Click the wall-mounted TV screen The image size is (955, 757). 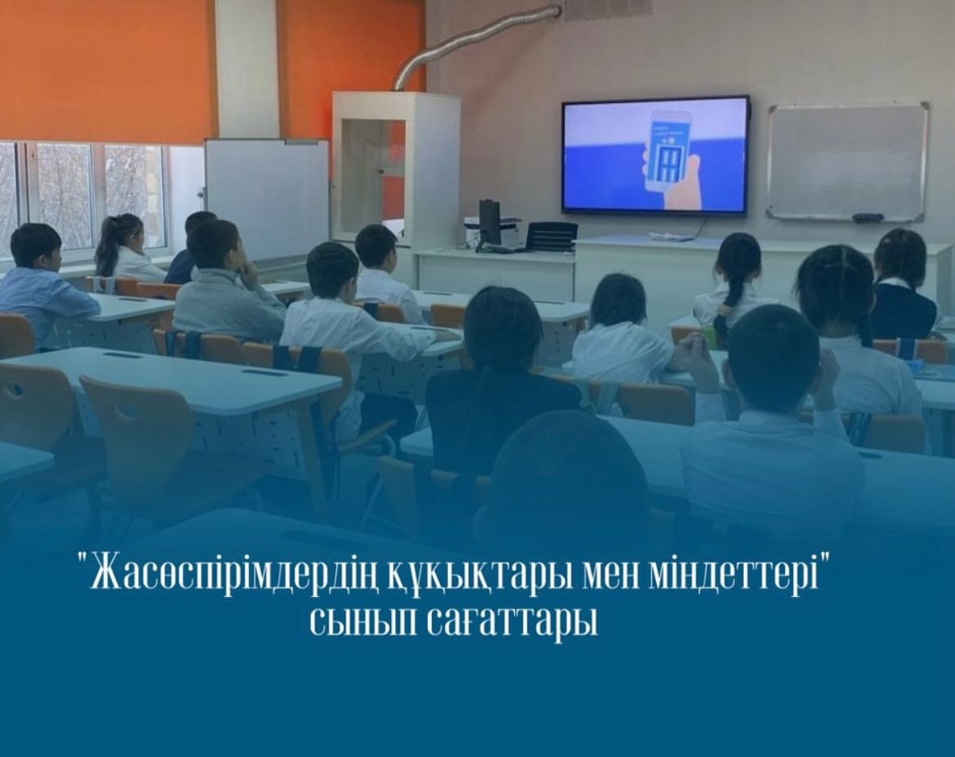pos(655,155)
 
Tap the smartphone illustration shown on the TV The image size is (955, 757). pos(670,149)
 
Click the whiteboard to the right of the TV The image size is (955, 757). pos(847,162)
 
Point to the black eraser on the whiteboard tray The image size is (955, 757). pos(868,217)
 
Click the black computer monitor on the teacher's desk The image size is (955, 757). pos(489,223)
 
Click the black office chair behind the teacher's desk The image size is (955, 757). pos(551,237)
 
